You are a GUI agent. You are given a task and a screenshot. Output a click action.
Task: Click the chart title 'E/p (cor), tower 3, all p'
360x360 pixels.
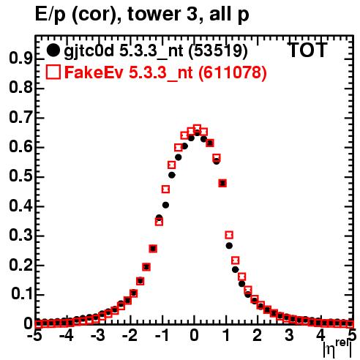142,15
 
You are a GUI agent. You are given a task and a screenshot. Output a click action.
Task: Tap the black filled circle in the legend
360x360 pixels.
53,50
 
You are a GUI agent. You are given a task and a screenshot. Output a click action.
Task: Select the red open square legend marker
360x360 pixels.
53,72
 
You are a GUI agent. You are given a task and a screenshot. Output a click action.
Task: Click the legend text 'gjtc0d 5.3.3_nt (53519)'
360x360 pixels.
156,51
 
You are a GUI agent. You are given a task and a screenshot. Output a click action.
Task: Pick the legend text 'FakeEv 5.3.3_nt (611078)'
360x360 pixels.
165,72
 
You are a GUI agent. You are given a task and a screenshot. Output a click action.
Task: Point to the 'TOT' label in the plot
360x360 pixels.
307,50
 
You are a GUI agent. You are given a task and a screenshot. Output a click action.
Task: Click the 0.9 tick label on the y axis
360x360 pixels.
20,59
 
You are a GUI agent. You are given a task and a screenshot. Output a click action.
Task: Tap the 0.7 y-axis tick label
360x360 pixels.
20,118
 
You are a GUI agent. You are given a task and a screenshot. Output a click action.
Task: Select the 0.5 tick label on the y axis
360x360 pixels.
20,176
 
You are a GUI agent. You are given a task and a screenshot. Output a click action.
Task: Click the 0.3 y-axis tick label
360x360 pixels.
20,236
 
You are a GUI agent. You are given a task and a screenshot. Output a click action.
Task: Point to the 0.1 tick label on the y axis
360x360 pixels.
22,294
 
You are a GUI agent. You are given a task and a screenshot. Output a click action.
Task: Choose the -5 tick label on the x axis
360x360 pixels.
36,335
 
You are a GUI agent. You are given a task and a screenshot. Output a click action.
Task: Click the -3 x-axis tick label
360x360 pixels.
98,335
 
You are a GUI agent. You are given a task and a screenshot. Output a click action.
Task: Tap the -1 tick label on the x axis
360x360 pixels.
161,335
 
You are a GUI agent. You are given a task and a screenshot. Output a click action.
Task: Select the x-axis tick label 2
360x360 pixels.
258,335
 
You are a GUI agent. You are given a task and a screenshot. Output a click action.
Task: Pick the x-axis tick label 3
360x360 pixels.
289,335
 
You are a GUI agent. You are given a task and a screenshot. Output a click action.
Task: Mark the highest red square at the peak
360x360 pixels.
197,129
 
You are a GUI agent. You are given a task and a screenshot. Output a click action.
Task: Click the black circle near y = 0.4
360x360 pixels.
165,205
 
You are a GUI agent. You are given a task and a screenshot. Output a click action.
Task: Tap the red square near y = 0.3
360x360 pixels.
229,235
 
